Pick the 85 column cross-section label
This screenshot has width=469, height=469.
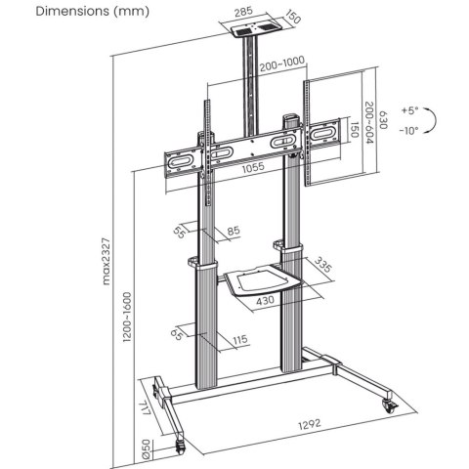[x=234, y=233]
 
